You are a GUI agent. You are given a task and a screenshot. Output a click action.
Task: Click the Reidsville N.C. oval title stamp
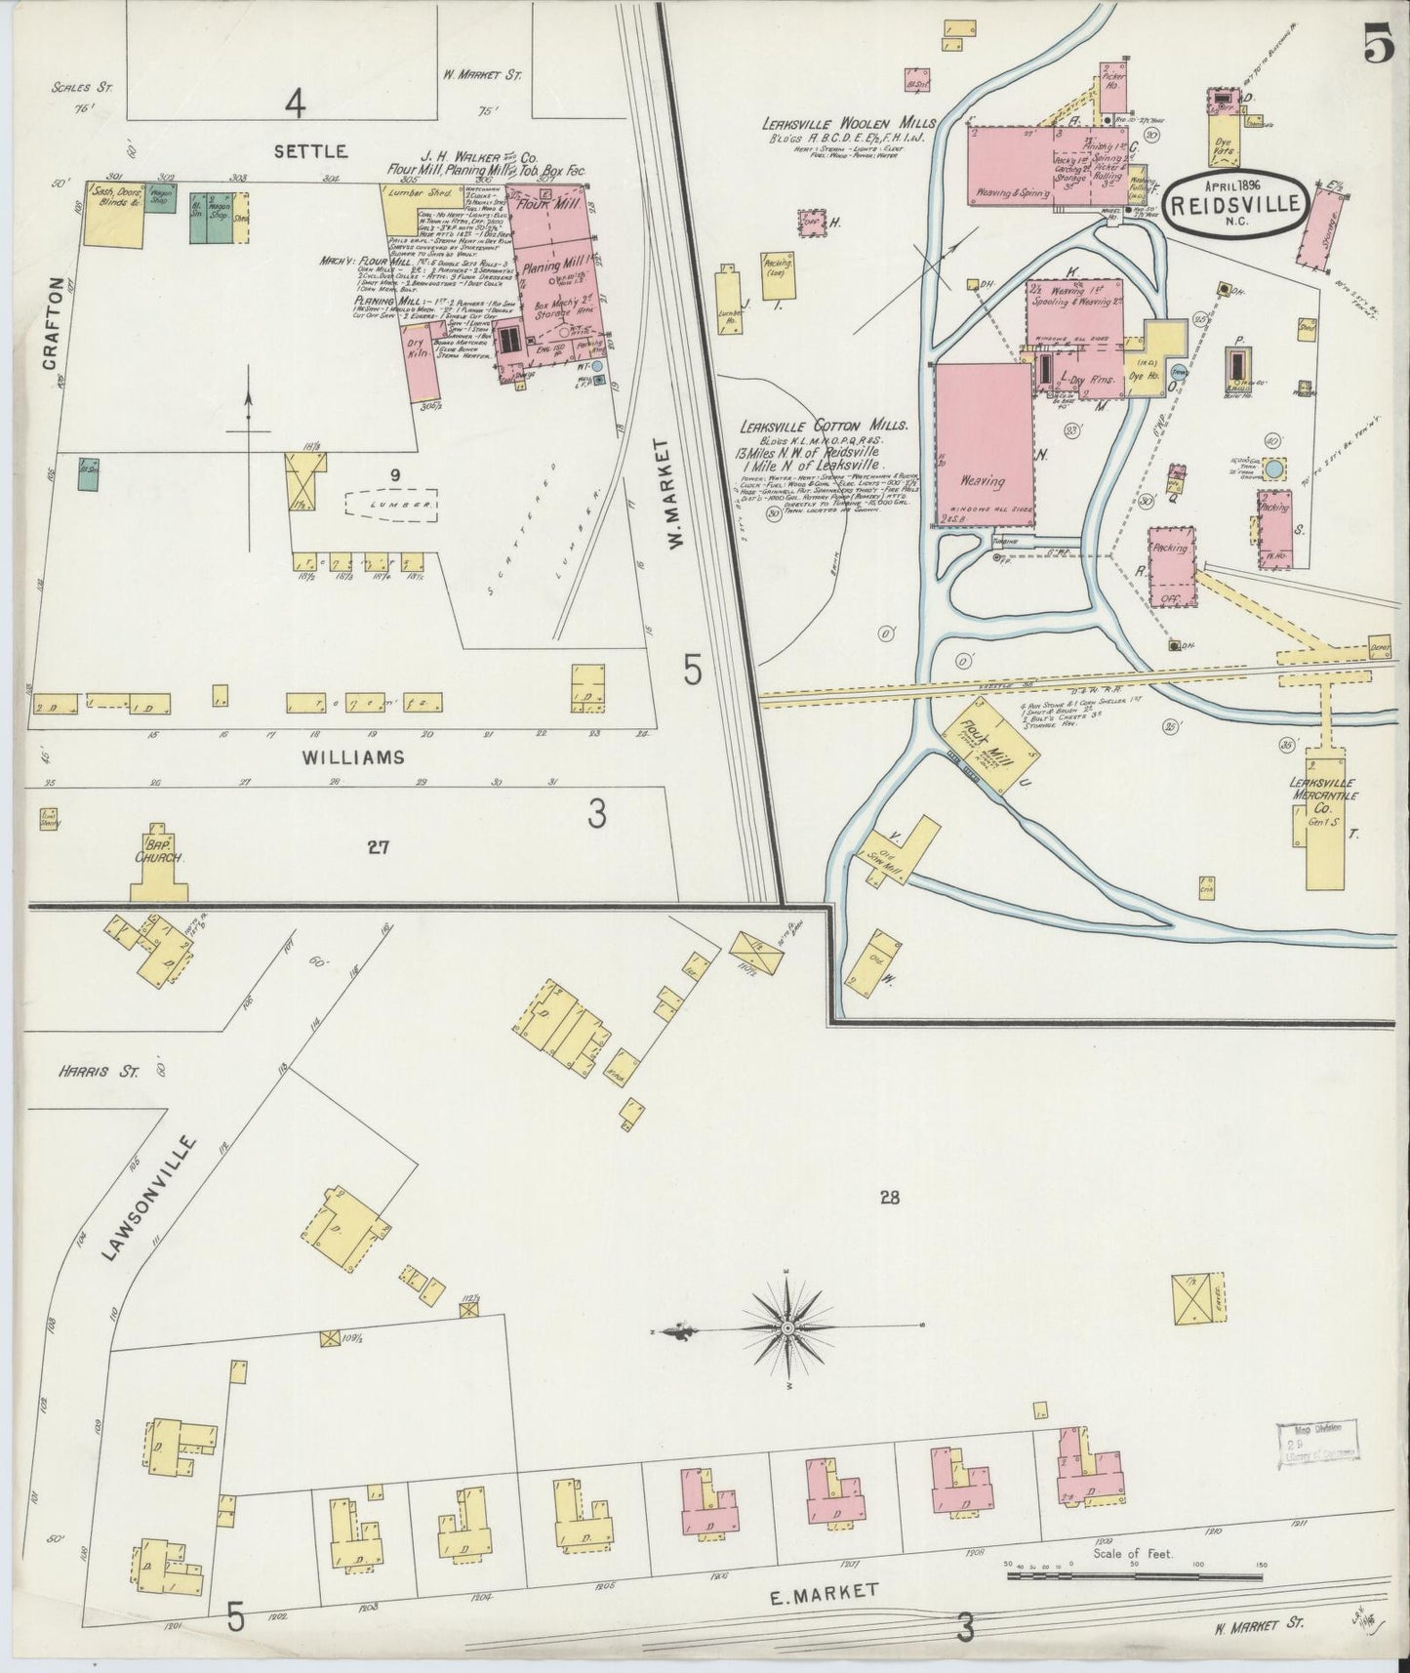[1233, 202]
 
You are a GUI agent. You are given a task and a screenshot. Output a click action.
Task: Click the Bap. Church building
[159, 875]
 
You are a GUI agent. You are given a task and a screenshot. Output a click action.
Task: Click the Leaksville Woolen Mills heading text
[851, 124]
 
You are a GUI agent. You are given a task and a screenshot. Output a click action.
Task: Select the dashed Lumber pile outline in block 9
[391, 505]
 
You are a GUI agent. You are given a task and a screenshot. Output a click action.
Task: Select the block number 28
[888, 1199]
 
